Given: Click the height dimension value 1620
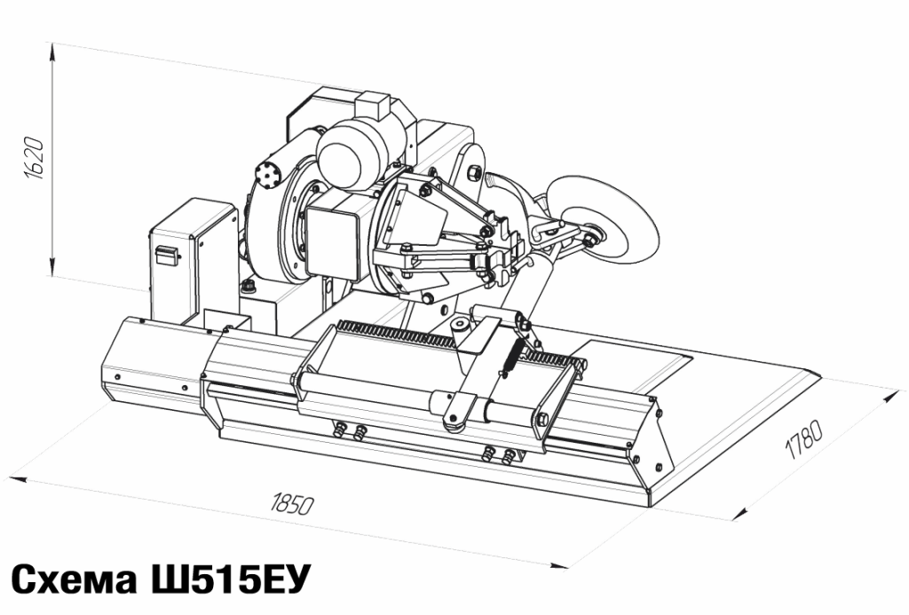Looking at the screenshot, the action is click(36, 158).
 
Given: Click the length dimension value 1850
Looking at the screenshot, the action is click(291, 504).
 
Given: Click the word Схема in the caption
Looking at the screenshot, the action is click(74, 580).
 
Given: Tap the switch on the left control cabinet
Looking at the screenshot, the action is click(166, 255).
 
